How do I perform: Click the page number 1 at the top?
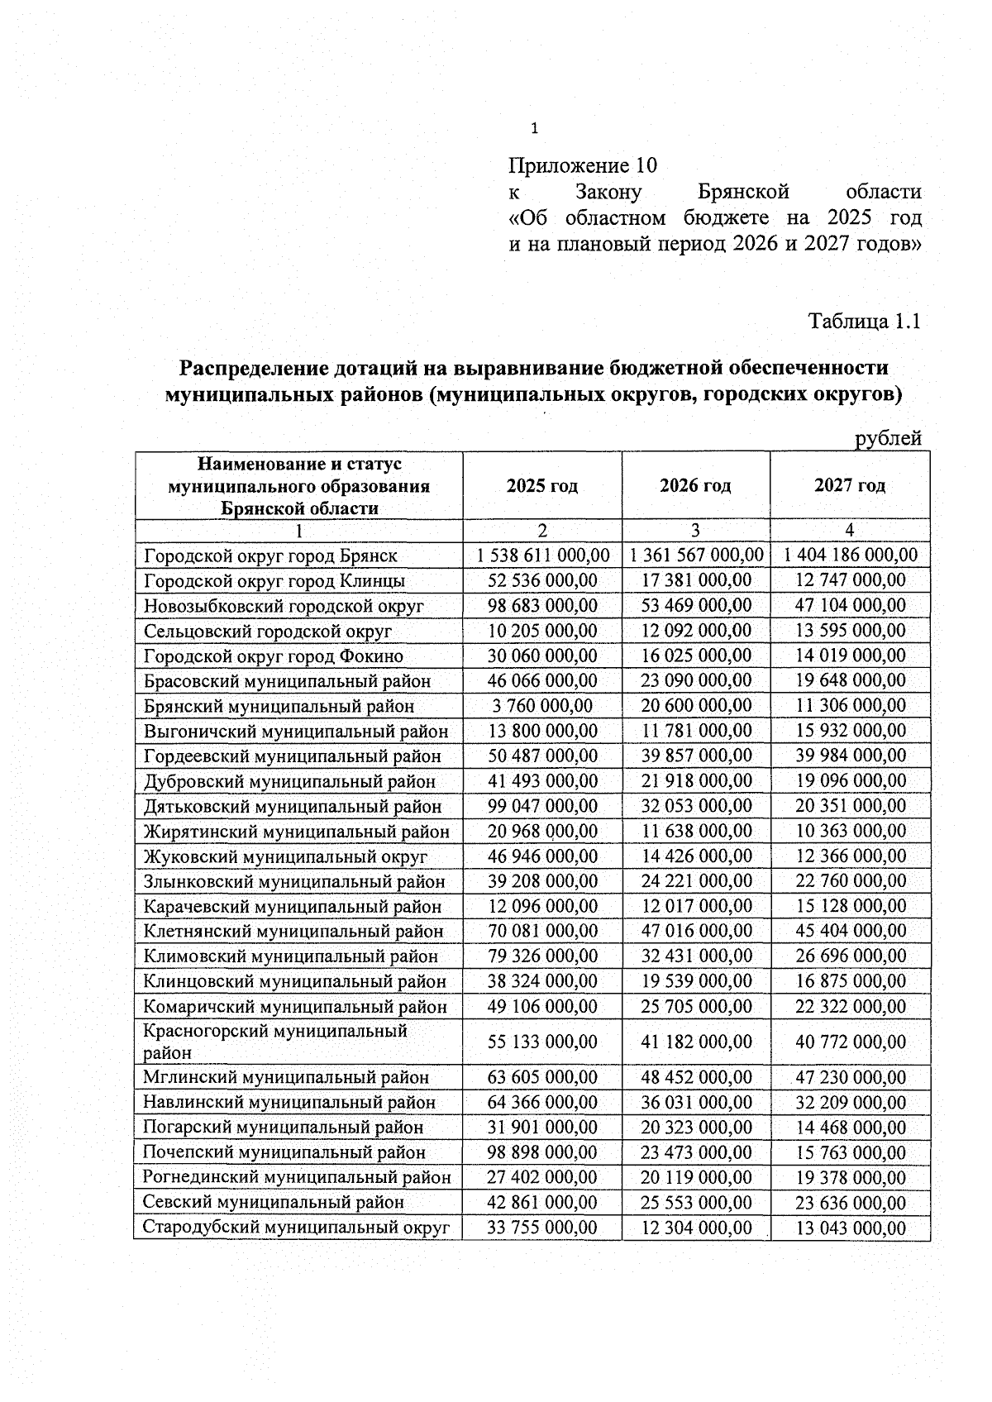(534, 128)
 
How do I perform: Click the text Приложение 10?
(582, 166)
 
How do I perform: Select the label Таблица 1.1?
(864, 321)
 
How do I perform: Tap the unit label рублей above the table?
(888, 439)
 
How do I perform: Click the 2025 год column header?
(542, 485)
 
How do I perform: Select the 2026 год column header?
(695, 485)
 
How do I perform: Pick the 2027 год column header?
(850, 485)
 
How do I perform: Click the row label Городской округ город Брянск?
(270, 556)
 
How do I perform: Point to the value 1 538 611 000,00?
(542, 555)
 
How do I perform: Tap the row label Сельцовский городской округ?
(267, 631)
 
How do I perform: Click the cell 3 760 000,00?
(542, 706)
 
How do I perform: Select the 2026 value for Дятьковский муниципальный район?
(696, 806)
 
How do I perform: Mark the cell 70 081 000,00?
(542, 931)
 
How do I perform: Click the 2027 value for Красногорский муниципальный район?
(851, 1042)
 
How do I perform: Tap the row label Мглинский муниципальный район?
(286, 1077)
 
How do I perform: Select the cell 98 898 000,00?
(542, 1152)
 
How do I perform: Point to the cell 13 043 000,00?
(851, 1228)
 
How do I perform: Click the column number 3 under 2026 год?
(695, 531)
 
